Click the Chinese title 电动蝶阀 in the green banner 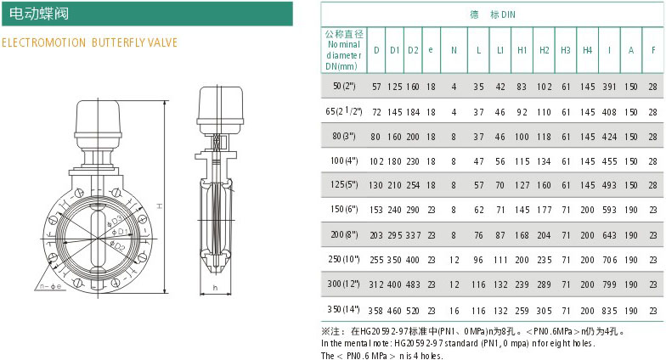coord(39,14)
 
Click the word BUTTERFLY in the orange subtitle coord(117,42)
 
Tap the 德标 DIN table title coord(493,14)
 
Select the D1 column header coord(394,50)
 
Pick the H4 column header coord(587,50)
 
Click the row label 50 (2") coord(344,87)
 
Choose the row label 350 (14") coord(343,309)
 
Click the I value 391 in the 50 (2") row coord(609,87)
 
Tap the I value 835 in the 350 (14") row coord(609,311)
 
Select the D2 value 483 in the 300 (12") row coord(413,284)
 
